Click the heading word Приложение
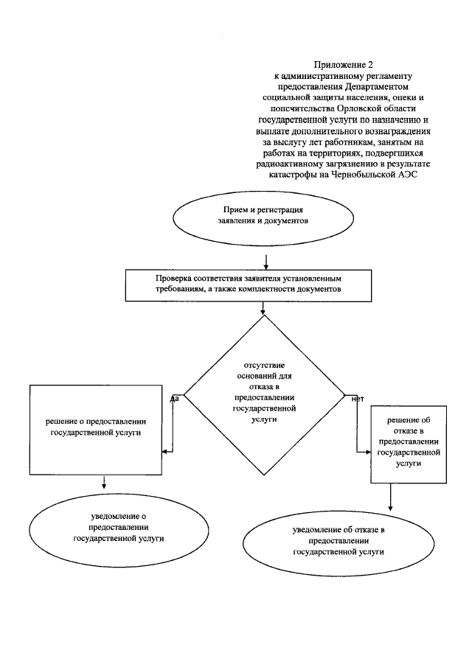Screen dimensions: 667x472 335,65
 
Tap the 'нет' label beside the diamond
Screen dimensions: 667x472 358,399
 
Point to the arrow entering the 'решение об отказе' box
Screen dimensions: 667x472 363,452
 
